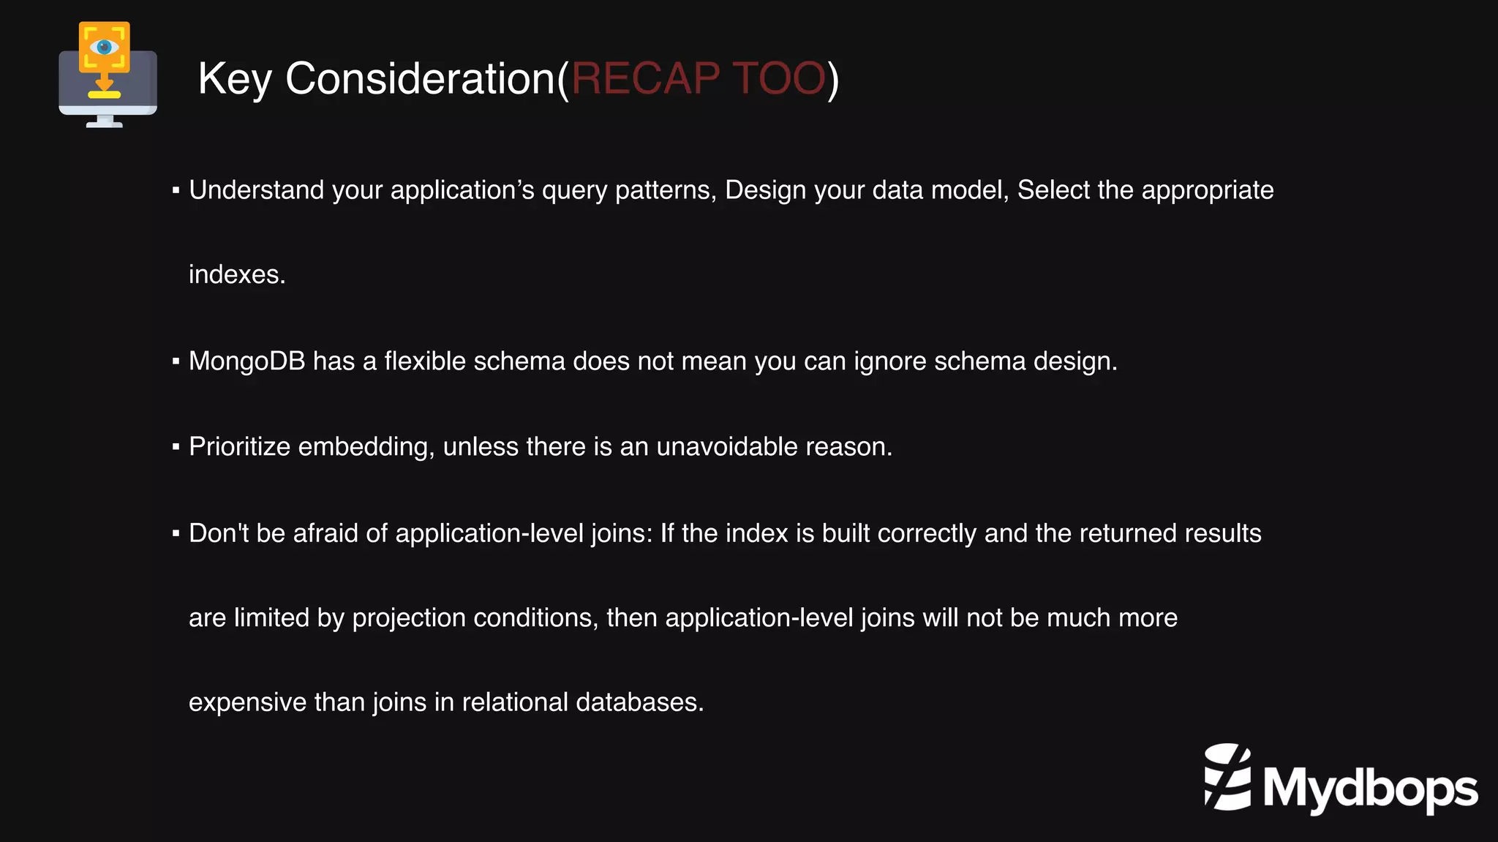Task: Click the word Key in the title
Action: click(x=234, y=79)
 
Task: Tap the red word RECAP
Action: click(x=645, y=78)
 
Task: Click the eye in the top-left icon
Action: click(x=104, y=48)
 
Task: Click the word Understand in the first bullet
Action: click(x=256, y=190)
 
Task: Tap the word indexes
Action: click(x=236, y=275)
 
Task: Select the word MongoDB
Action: click(x=246, y=361)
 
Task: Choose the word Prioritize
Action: click(x=239, y=447)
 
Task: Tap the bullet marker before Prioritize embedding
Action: click(x=176, y=447)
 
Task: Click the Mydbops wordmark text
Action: click(x=1370, y=789)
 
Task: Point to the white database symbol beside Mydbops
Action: click(x=1227, y=777)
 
